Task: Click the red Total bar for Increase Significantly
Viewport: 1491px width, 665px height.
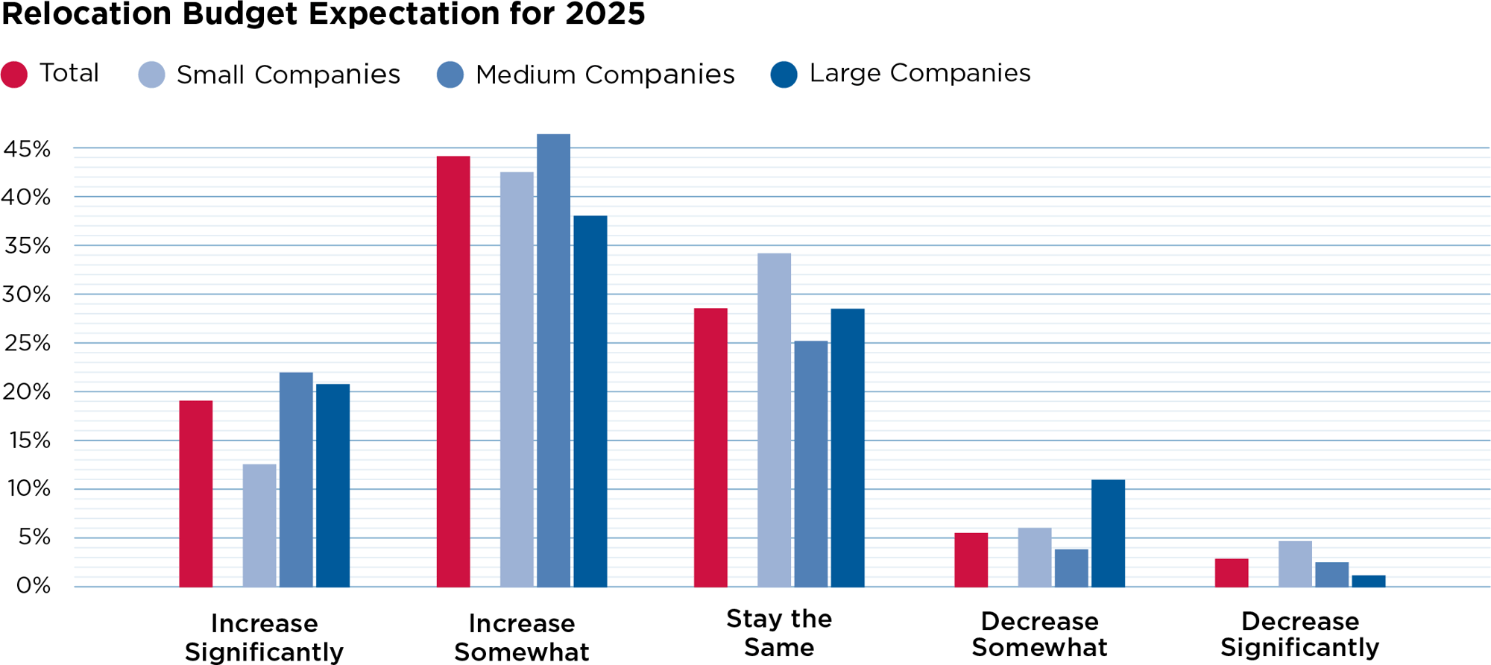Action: click(x=195, y=494)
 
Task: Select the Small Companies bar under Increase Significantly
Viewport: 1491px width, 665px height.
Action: click(x=259, y=526)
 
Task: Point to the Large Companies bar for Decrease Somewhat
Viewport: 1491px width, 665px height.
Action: click(x=1108, y=533)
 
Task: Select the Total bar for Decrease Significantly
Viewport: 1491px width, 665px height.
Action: click(x=1232, y=573)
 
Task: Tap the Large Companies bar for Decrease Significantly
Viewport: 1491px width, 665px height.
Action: click(x=1368, y=581)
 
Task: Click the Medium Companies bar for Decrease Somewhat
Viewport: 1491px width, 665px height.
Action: click(x=1071, y=568)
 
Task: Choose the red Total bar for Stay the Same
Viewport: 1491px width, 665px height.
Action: click(x=710, y=447)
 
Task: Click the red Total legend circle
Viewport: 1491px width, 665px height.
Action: click(x=14, y=75)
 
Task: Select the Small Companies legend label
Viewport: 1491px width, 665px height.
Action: click(x=288, y=75)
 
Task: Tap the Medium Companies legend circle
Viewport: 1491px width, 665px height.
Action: click(x=450, y=75)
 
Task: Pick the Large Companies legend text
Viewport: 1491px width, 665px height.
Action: click(x=919, y=73)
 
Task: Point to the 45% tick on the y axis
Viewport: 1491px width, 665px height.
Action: click(x=27, y=149)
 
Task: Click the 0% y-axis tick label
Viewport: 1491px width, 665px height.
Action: click(x=34, y=586)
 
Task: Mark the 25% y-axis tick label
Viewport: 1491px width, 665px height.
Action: click(x=27, y=344)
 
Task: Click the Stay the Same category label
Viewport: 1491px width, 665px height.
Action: click(x=779, y=633)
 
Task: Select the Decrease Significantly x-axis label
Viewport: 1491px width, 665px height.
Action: click(x=1299, y=634)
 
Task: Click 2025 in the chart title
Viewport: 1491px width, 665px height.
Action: click(x=605, y=14)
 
